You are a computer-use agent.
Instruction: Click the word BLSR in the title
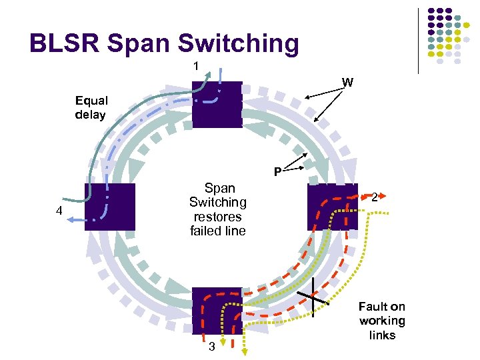[64, 43]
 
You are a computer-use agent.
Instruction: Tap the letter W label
[347, 83]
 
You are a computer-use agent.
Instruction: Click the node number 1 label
[196, 66]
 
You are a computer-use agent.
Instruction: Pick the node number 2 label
[376, 197]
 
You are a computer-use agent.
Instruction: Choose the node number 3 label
[211, 347]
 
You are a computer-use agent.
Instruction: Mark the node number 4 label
[59, 213]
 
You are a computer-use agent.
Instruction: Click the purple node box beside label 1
[217, 104]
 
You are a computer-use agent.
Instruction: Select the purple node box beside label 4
[109, 207]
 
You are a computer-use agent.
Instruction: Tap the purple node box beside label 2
[331, 207]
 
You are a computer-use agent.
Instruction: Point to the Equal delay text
[91, 108]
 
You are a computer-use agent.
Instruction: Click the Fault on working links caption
[381, 321]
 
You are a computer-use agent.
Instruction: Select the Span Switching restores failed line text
[217, 209]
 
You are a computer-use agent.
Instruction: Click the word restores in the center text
[217, 217]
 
